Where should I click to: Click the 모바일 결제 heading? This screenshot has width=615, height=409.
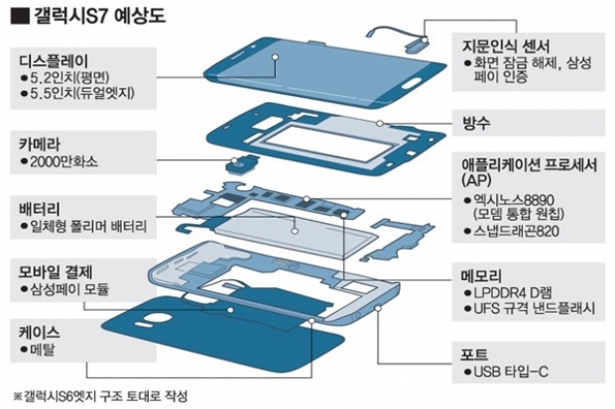(x=56, y=270)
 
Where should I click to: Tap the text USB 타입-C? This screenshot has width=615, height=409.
(x=511, y=372)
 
